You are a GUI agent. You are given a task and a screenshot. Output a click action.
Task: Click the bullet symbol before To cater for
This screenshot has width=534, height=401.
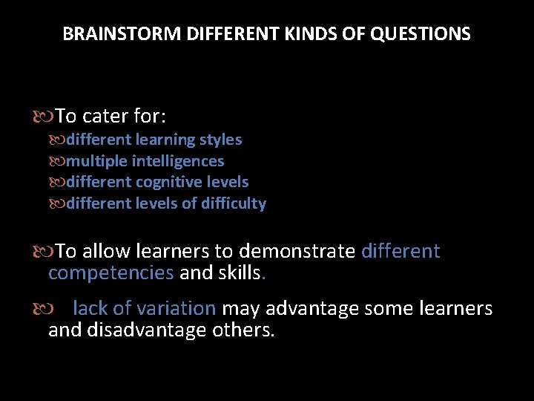[x=42, y=117]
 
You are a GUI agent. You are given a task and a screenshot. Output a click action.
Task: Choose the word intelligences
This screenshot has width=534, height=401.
[x=178, y=161]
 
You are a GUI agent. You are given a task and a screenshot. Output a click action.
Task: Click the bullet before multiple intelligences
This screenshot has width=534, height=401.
[x=58, y=161]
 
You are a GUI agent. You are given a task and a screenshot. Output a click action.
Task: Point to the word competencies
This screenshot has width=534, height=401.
[x=111, y=273]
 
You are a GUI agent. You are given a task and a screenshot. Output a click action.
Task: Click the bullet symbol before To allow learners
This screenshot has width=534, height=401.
[x=42, y=252]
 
